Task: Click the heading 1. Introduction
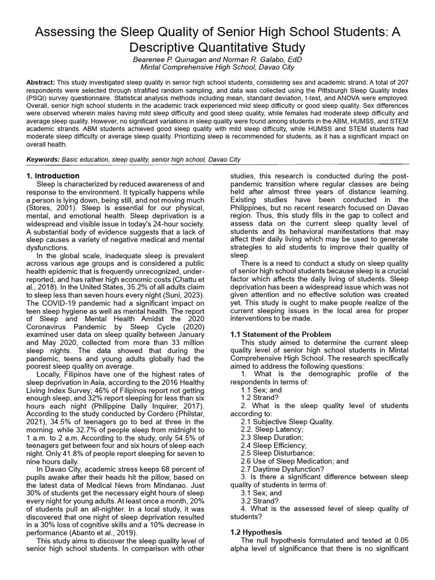[x=53, y=176]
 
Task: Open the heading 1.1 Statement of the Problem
[x=281, y=335]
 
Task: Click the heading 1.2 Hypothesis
[x=255, y=532]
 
